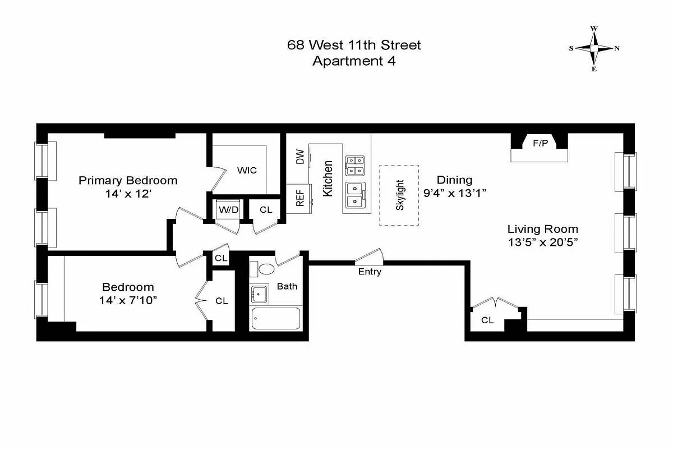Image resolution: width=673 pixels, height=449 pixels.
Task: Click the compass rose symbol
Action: coord(594,48)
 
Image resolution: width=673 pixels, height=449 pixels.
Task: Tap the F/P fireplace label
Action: coord(540,144)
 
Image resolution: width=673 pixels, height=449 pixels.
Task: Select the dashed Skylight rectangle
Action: coord(399,195)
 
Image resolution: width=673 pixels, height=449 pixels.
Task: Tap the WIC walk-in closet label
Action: coord(247,170)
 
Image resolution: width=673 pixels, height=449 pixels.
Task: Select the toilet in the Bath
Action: coord(264,269)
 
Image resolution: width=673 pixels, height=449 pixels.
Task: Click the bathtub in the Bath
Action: coord(276,319)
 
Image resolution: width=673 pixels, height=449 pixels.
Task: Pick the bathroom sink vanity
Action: coord(259,293)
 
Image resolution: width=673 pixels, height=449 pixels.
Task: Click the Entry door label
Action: coord(370,272)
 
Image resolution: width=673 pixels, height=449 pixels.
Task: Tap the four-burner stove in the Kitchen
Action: coord(355,166)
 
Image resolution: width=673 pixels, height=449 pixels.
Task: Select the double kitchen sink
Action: coord(355,195)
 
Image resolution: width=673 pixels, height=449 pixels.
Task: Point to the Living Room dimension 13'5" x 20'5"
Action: coord(542,242)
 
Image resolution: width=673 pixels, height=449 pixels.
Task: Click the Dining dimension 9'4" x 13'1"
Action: coord(454,193)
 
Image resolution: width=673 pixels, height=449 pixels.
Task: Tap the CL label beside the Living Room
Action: coord(487,320)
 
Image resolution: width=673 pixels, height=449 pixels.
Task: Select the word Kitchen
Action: coord(328,178)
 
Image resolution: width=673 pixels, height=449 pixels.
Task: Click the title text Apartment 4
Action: coord(353,62)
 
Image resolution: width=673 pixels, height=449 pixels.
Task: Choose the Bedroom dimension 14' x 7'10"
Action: coord(127,300)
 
